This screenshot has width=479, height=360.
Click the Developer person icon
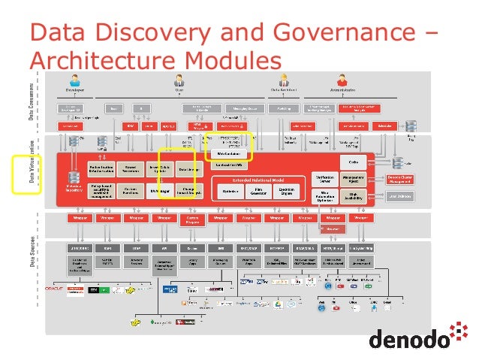(x=74, y=80)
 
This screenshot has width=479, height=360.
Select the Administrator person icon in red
(x=342, y=80)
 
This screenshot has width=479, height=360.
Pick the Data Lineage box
(x=188, y=171)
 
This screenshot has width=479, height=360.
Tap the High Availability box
(x=359, y=196)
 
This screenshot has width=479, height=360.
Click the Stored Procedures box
(x=130, y=171)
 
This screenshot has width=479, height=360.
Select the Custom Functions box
(x=130, y=191)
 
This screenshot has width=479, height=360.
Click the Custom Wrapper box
(x=192, y=219)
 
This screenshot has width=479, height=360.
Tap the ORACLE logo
(x=56, y=288)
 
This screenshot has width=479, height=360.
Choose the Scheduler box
(x=387, y=126)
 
